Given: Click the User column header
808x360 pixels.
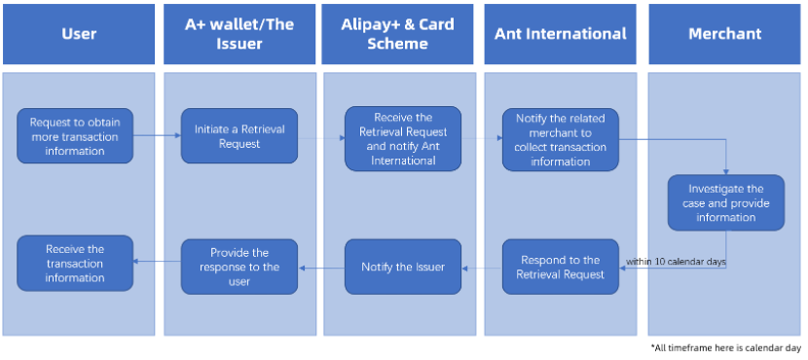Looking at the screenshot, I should [78, 34].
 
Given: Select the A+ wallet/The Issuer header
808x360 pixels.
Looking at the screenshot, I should [239, 34].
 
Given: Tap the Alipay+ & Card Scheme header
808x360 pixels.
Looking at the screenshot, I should [399, 34].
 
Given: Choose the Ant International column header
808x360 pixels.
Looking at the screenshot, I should [560, 34].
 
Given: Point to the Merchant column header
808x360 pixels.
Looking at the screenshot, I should [724, 34].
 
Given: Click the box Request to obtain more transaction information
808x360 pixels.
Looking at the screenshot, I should [75, 135].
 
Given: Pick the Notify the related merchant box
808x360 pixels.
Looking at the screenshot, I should [560, 138].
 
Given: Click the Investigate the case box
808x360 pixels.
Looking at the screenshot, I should [725, 202].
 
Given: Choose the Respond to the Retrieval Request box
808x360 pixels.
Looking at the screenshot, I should [560, 267].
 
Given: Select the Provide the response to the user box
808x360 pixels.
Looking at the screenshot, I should [239, 267].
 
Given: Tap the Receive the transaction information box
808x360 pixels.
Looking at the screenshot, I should [75, 263].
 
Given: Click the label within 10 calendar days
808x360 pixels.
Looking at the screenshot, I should [674, 262].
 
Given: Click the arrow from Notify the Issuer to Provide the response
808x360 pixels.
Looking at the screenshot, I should [321, 267].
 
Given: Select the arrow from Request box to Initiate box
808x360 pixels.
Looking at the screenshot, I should [157, 135].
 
